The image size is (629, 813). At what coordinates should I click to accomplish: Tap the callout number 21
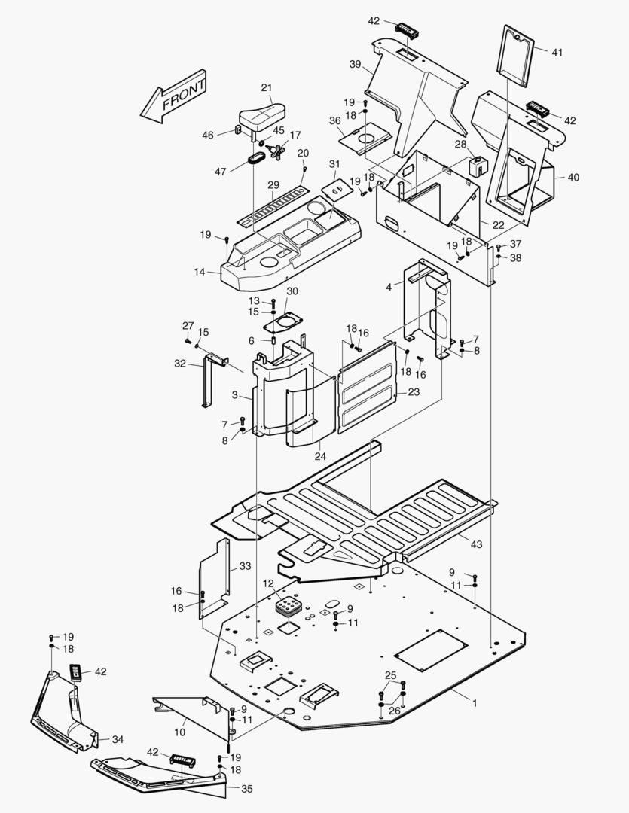pos(267,87)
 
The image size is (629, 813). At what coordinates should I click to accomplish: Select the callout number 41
pos(557,53)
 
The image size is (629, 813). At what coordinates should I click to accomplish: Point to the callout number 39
pos(356,65)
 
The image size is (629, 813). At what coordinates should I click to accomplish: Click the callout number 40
pos(573,178)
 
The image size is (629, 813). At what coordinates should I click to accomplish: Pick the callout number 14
pos(200,271)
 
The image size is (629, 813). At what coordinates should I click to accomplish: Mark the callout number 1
pos(475,702)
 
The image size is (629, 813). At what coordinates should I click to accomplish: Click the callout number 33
pos(245,566)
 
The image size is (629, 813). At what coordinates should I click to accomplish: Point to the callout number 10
pos(180,732)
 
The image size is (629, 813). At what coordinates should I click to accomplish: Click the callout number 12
pos(269,583)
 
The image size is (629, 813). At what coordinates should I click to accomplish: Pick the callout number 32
pos(179,363)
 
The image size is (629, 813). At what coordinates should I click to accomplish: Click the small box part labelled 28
pos(476,166)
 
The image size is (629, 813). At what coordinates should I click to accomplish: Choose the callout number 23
pos(414,392)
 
